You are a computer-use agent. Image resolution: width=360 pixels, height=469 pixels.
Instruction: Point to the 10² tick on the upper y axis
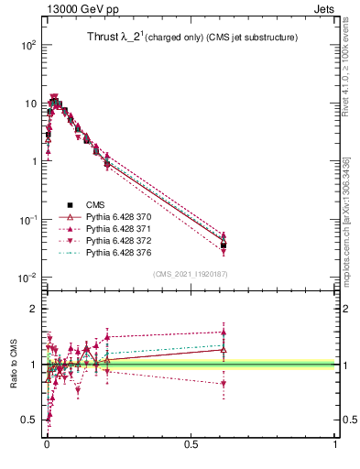click(27, 45)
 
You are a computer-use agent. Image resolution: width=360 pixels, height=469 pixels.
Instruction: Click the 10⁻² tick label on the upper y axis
click(27, 278)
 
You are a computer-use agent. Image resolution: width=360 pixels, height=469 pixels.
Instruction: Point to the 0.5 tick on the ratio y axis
click(29, 420)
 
